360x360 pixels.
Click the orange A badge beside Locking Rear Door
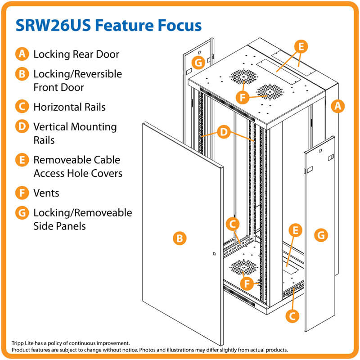(22, 54)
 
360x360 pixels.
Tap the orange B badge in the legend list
(22, 74)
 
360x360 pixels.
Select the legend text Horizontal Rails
(69, 107)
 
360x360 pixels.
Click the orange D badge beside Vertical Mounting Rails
(22, 127)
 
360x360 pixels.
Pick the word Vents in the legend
(46, 193)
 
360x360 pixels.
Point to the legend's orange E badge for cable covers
(22, 160)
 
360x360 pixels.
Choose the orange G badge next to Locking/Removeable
(22, 212)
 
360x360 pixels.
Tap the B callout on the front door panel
(180, 238)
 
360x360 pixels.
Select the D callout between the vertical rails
(224, 132)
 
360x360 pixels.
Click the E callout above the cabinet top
(301, 46)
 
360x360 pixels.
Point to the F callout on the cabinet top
(243, 97)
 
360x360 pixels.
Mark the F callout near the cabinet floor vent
(246, 283)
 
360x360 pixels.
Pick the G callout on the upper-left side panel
(198, 63)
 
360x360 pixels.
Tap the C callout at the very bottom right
(292, 315)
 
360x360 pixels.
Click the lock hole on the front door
(214, 255)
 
